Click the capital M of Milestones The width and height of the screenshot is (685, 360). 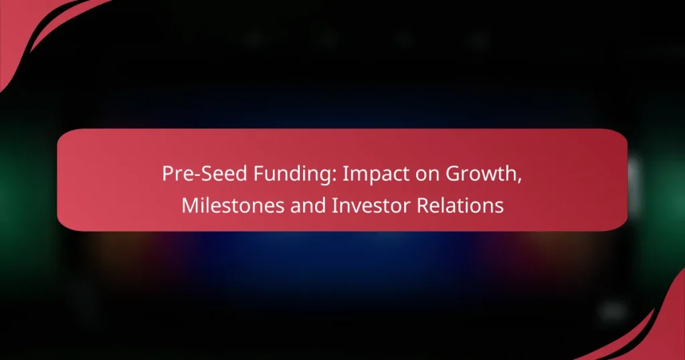click(x=189, y=206)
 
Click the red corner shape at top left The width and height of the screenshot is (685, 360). click(x=27, y=27)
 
